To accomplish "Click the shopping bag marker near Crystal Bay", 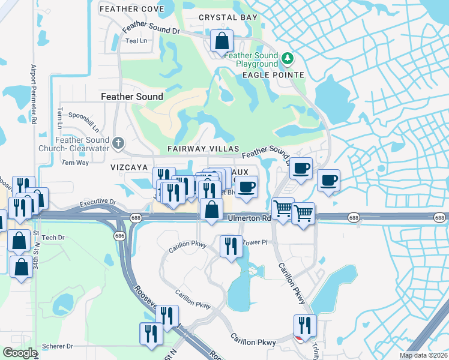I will [x=222, y=41].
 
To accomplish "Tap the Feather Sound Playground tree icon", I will [x=289, y=58].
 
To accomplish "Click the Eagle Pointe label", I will [x=273, y=75].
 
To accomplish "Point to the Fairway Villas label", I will [x=203, y=149].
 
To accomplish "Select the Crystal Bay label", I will [x=228, y=18].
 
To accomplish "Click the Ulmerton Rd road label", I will [x=249, y=218].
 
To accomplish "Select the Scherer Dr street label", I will [x=58, y=346].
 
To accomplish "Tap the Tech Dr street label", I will [x=53, y=238].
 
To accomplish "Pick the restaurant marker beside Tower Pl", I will [x=230, y=245].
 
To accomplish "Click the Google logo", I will [x=19, y=353].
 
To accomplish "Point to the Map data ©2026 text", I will [x=423, y=355].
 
